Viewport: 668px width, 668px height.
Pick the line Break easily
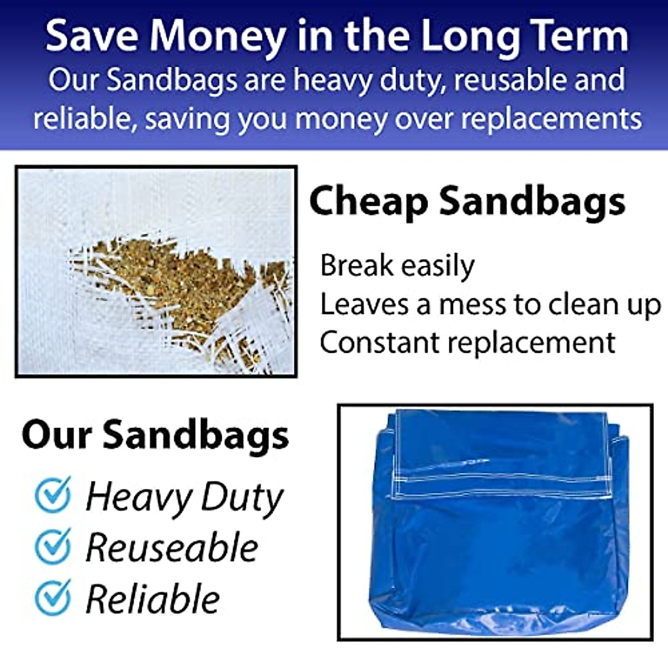[397, 266]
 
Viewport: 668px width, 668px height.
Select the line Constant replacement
[468, 342]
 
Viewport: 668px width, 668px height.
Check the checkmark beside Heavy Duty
[53, 495]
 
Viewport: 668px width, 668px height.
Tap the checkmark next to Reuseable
[53, 546]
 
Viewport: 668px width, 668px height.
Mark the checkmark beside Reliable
[53, 597]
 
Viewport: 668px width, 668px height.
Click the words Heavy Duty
[184, 497]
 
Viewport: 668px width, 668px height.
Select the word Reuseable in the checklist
[172, 548]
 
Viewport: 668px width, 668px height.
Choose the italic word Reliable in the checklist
[153, 599]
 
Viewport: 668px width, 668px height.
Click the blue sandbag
[495, 557]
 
